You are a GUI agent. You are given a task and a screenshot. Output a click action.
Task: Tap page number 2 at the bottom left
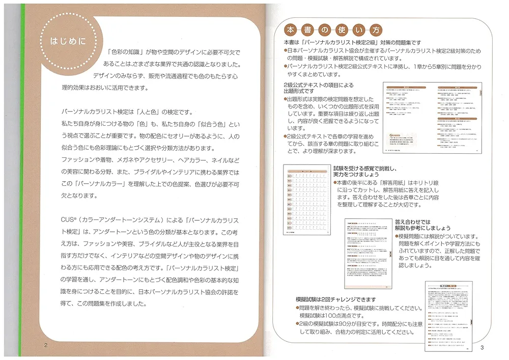tap(46, 345)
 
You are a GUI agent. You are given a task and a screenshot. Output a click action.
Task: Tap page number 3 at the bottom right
tap(482, 347)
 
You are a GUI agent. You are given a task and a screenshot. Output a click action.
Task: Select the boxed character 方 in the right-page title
tap(377, 29)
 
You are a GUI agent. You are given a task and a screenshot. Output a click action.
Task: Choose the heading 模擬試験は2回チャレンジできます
tap(335, 299)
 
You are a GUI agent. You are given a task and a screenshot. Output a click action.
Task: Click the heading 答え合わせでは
tap(412, 222)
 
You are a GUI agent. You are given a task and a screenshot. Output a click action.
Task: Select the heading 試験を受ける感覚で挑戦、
tap(365, 168)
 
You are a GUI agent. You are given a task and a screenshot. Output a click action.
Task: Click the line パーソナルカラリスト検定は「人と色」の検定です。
tap(120, 112)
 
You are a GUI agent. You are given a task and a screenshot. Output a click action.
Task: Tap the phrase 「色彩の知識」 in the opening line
tap(125, 52)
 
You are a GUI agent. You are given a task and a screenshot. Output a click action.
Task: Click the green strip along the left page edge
tap(22, 178)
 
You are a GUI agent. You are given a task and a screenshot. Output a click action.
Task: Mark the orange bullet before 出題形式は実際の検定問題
tap(286, 99)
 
